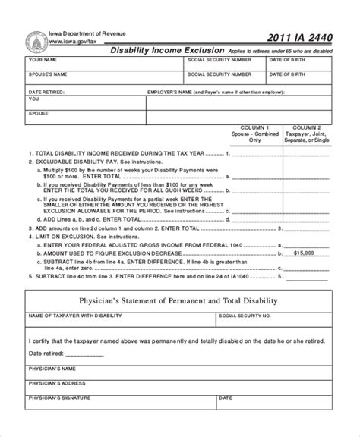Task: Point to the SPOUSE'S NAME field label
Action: tap(47, 74)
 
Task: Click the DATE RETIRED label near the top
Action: tap(44, 91)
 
